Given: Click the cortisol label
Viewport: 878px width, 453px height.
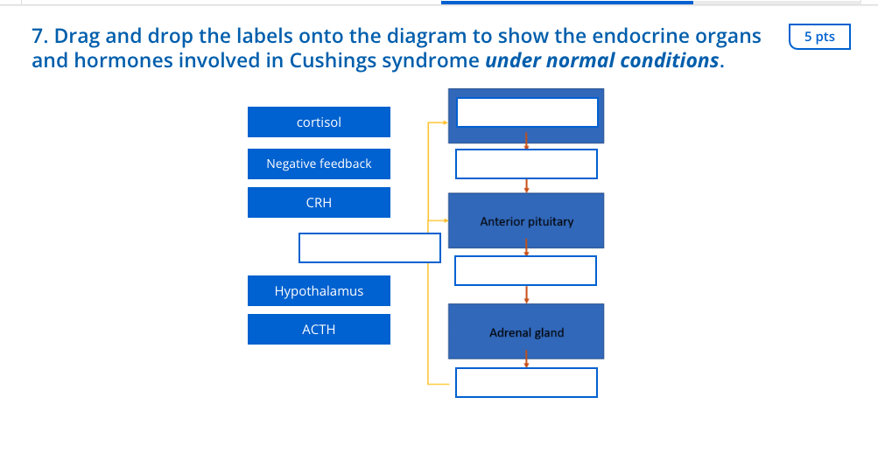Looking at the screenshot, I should [319, 122].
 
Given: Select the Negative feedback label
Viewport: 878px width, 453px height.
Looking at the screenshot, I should [319, 164].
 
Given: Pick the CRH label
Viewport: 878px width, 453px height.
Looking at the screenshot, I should [319, 203].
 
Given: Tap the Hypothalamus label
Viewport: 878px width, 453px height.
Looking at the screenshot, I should [319, 291].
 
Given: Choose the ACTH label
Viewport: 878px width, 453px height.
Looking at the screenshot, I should [319, 330].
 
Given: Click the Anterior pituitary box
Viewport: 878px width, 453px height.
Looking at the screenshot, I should [526, 221].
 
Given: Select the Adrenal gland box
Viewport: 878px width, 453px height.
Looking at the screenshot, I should [526, 332].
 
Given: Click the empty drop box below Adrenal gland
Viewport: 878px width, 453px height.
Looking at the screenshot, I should [526, 382].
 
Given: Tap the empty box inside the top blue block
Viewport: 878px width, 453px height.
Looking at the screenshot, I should [527, 112].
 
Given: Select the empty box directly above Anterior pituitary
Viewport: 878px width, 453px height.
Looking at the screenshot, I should [526, 164].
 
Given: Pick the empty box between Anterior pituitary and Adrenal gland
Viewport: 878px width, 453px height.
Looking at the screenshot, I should [526, 270].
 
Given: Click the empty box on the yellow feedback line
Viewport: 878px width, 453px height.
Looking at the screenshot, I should [369, 247].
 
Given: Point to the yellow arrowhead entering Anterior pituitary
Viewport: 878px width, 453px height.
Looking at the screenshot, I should [445, 221].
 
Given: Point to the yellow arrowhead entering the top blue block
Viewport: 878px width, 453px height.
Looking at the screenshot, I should [445, 123].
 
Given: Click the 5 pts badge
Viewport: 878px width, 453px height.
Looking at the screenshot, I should [818, 37].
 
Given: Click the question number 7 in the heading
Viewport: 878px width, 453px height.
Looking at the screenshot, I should [38, 37].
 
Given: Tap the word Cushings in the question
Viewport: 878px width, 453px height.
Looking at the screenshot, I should [330, 61].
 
